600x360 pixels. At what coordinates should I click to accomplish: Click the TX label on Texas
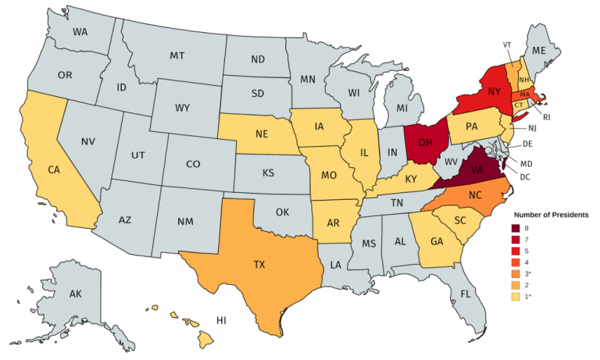pyautogui.click(x=258, y=265)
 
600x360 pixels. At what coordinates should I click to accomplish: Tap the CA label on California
pyautogui.click(x=54, y=169)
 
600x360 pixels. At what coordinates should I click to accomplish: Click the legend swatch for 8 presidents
pyautogui.click(x=516, y=228)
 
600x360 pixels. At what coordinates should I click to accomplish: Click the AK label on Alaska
pyautogui.click(x=76, y=294)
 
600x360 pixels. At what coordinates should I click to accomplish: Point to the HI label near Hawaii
pyautogui.click(x=221, y=320)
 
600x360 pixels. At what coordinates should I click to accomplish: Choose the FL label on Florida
pyautogui.click(x=466, y=294)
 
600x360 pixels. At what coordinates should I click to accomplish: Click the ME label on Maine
pyautogui.click(x=538, y=50)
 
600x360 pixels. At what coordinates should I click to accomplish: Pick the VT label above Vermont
pyautogui.click(x=505, y=45)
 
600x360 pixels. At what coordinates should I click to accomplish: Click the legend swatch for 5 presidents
pyautogui.click(x=516, y=251)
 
